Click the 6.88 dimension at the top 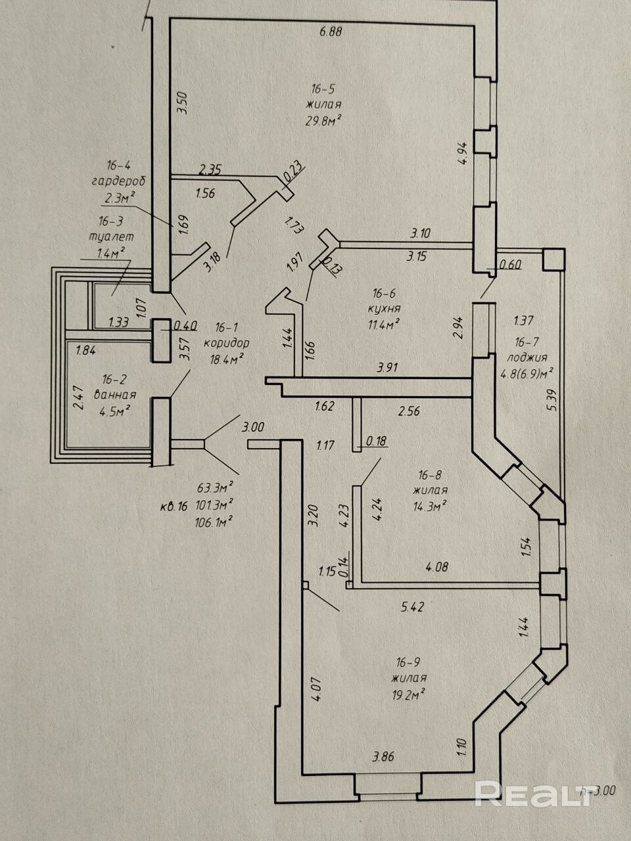point(331,32)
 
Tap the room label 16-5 point(323,89)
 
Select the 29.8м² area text point(323,121)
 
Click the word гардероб point(119,181)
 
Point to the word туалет point(112,237)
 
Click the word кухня point(384,308)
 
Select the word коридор point(226,343)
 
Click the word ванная point(115,395)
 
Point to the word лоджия point(526,357)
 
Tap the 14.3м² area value point(429,507)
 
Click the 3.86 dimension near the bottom point(383,757)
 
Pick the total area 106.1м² point(214,522)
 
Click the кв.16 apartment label point(174,507)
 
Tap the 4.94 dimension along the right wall point(463,153)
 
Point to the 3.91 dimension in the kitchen point(387,368)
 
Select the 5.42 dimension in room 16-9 point(412,607)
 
